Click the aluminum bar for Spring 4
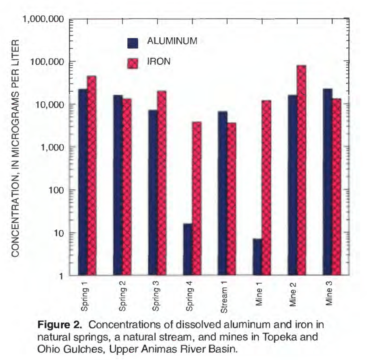point(188,249)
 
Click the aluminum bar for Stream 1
point(223,193)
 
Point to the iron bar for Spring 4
point(197,199)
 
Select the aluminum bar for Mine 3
point(328,182)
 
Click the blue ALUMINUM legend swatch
point(133,43)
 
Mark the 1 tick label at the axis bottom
point(60,276)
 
